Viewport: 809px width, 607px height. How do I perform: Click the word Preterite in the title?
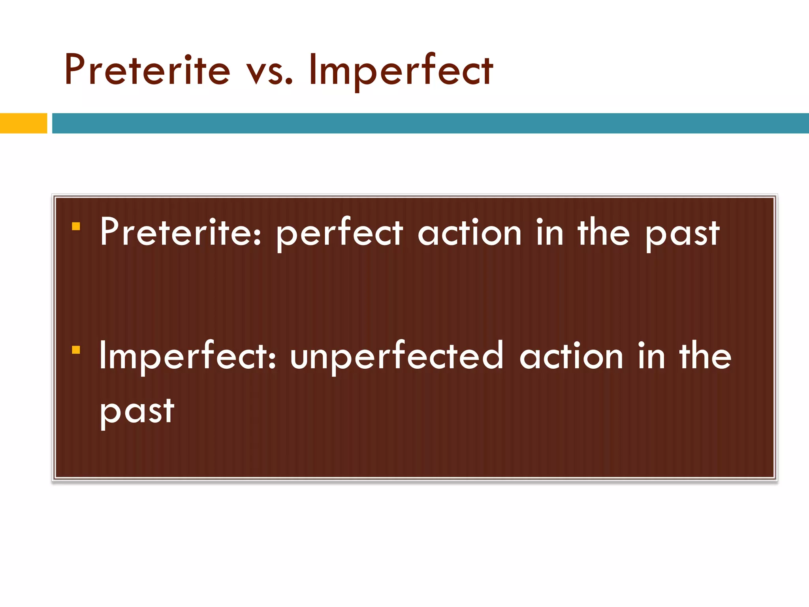pyautogui.click(x=147, y=70)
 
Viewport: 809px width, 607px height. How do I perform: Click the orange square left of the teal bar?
pyautogui.click(x=23, y=123)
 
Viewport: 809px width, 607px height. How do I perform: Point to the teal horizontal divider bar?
pyautogui.click(x=430, y=123)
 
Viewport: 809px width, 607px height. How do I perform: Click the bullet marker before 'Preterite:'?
pyautogui.click(x=76, y=226)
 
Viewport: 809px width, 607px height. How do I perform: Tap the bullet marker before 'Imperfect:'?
pyautogui.click(x=76, y=350)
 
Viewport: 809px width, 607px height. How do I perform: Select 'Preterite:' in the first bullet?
pyautogui.click(x=181, y=233)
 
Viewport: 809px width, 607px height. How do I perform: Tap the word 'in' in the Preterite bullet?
pyautogui.click(x=549, y=232)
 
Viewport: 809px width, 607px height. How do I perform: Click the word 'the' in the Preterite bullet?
pyautogui.click(x=603, y=232)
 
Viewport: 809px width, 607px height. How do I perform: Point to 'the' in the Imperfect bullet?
pyautogui.click(x=705, y=356)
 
